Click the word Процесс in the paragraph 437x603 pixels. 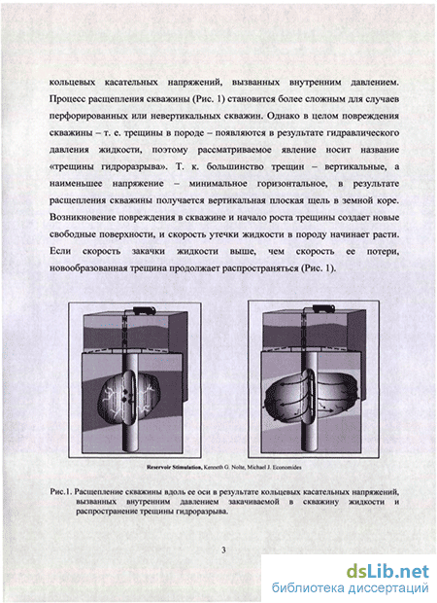click(68, 99)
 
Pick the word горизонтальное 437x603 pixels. click(292, 184)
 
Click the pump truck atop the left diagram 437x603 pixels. click(144, 310)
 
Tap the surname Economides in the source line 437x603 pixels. click(286, 467)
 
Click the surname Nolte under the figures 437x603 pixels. click(237, 467)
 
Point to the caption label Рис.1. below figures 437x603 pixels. click(61, 492)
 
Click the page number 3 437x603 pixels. click(223, 550)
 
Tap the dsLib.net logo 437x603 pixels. click(387, 571)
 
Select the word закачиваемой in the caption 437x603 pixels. click(253, 502)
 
